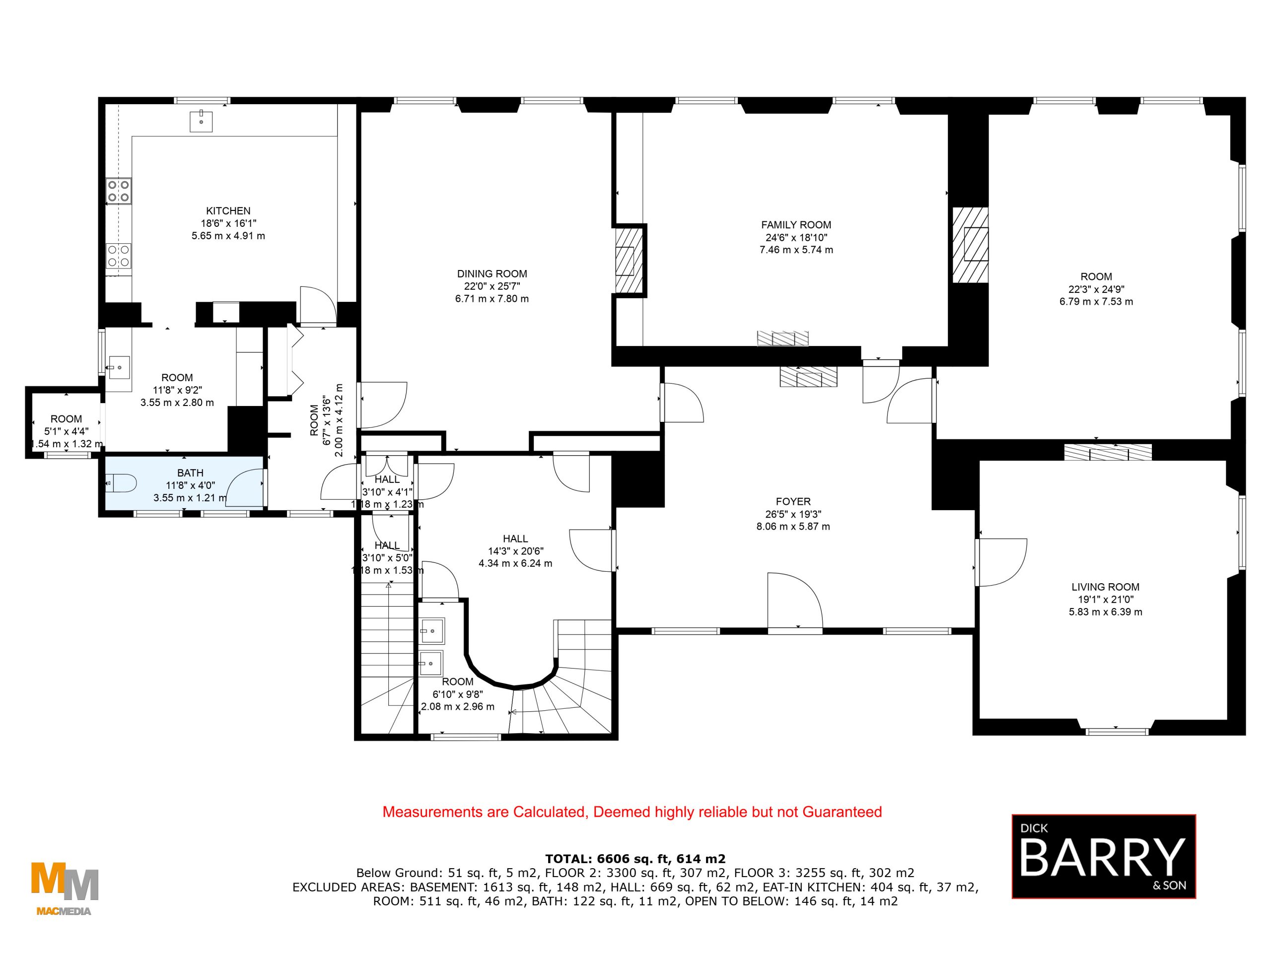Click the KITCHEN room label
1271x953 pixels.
tap(228, 211)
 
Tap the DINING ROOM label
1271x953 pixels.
tap(492, 274)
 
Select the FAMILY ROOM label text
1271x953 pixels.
tap(796, 225)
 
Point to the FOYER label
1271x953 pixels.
tap(793, 501)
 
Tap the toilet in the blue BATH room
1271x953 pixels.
tap(122, 483)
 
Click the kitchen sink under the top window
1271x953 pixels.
tap(201, 121)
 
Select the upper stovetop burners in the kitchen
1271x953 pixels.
tap(118, 191)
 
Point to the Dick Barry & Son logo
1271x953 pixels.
tap(1103, 855)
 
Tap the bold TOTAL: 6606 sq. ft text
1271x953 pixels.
tap(635, 859)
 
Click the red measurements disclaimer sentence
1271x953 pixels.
tap(632, 812)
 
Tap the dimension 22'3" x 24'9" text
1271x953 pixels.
tap(1096, 289)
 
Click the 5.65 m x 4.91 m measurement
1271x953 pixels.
tap(228, 236)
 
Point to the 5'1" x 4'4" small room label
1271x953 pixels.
tap(66, 431)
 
